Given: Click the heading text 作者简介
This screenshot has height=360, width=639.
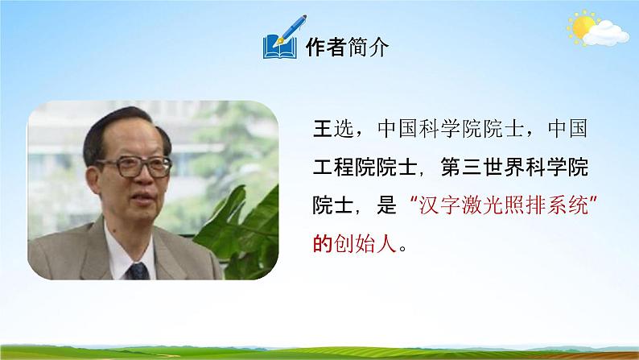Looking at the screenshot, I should coord(346,48).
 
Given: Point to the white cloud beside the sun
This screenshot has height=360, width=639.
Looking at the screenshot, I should coord(605,33).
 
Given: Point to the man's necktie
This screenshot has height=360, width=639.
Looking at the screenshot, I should coord(139,268).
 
